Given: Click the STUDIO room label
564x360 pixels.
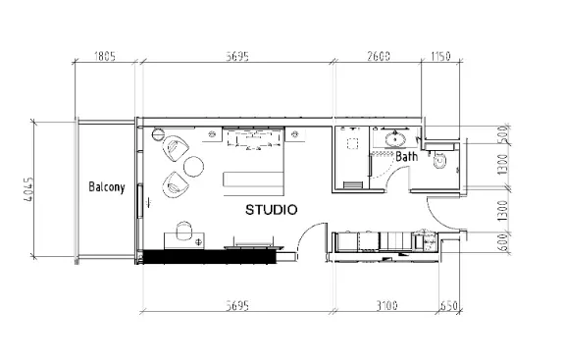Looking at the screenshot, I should pyautogui.click(x=272, y=210).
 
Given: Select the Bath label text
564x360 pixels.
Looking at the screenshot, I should pyautogui.click(x=407, y=156).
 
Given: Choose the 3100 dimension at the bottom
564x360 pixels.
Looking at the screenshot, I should pyautogui.click(x=387, y=306).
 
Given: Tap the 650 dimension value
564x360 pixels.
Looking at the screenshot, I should pyautogui.click(x=449, y=306).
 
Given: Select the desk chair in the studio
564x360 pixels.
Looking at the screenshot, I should pyautogui.click(x=183, y=231).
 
